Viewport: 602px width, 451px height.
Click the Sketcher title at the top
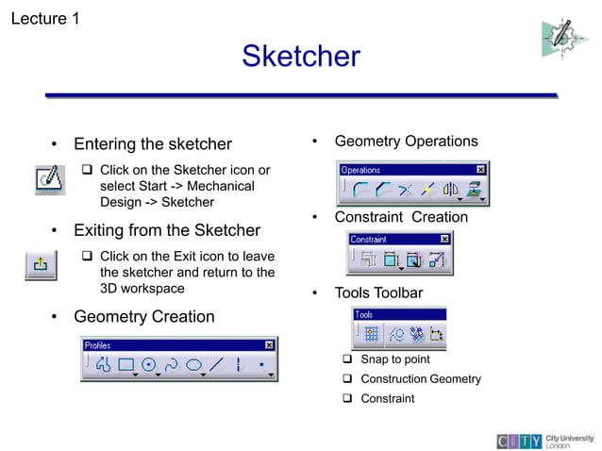point(300,57)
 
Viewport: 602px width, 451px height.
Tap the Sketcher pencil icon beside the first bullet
point(50,177)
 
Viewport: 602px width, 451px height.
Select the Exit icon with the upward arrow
point(41,266)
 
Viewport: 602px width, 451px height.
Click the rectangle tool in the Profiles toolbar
point(126,365)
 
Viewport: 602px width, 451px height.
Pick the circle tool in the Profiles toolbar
point(149,365)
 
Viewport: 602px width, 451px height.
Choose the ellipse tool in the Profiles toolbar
point(194,365)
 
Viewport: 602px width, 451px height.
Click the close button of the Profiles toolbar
point(269,345)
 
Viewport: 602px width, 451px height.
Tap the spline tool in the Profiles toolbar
point(172,365)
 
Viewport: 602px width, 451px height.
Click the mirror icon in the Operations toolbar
point(450,190)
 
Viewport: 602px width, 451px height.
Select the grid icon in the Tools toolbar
point(371,333)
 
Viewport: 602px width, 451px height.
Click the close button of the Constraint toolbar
point(446,240)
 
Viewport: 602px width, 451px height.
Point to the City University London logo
point(545,440)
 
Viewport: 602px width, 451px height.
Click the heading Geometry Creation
point(143,316)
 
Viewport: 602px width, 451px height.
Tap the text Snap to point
point(394,359)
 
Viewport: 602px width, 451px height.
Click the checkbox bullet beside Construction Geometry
point(346,379)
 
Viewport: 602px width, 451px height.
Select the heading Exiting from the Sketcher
point(166,230)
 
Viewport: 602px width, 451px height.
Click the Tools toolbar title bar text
point(363,315)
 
